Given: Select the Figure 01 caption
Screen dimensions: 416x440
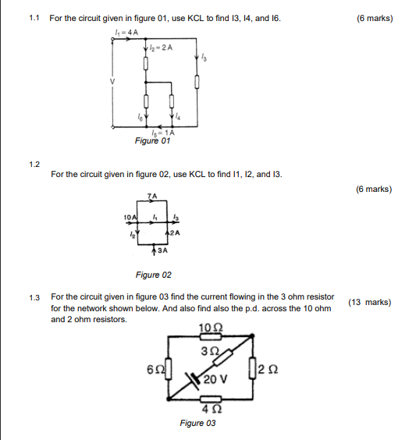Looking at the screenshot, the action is click(x=152, y=141).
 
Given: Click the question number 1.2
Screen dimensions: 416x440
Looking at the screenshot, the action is click(x=34, y=165).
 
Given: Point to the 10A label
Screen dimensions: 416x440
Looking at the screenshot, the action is click(x=130, y=215).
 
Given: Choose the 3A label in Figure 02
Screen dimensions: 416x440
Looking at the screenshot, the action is click(x=162, y=251).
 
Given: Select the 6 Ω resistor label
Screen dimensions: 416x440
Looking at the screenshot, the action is click(x=155, y=367).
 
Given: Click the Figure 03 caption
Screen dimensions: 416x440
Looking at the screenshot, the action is click(x=197, y=423).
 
